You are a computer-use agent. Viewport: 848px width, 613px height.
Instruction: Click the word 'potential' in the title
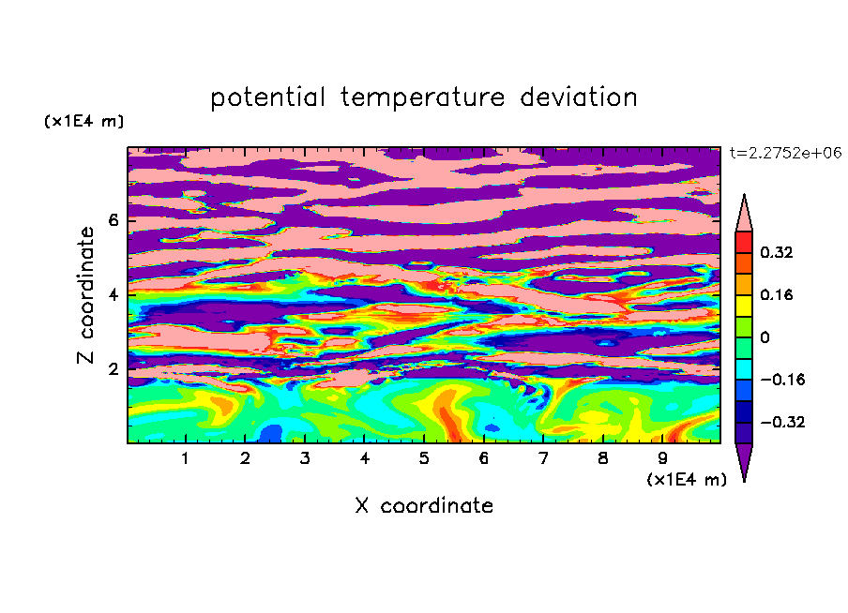267,97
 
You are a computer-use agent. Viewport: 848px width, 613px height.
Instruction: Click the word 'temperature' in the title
423,97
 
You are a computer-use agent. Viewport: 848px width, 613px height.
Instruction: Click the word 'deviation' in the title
579,97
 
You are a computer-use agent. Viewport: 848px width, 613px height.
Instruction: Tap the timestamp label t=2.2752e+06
785,153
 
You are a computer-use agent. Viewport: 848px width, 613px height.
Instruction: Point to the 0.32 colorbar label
777,252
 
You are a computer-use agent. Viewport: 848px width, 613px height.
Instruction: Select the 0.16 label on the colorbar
777,294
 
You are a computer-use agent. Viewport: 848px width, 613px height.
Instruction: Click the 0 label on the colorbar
765,337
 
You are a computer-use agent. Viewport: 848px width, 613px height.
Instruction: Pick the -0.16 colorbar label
782,380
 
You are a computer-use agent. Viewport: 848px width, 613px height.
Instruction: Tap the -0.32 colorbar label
782,422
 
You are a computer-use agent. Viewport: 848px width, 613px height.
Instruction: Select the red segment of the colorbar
744,242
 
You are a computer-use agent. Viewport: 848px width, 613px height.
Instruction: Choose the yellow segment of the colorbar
744,306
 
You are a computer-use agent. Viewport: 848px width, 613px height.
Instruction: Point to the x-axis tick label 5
424,458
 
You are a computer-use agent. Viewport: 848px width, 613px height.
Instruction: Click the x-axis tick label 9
662,458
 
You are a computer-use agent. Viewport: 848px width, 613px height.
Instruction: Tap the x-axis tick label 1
186,458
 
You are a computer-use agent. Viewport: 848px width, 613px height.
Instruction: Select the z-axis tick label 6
114,220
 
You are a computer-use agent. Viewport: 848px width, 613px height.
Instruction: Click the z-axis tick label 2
114,369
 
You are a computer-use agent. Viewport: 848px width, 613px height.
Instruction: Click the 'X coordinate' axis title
424,505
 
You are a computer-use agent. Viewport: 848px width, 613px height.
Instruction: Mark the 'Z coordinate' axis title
85,294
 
